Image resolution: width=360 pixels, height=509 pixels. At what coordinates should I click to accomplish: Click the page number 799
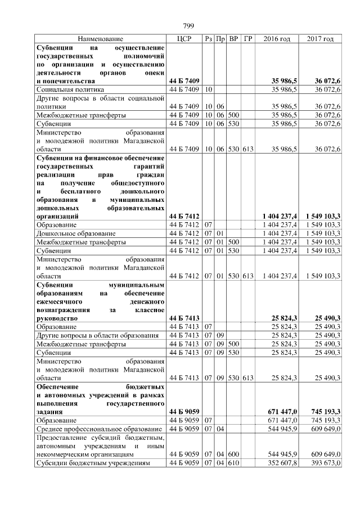(x=188, y=26)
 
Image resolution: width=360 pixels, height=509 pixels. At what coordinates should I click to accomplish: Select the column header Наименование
(x=100, y=39)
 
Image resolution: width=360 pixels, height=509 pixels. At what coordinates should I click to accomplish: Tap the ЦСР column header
(x=184, y=39)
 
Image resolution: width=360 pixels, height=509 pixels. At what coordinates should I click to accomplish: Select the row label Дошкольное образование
(x=76, y=233)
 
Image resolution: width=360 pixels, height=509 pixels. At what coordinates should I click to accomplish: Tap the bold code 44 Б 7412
(x=184, y=216)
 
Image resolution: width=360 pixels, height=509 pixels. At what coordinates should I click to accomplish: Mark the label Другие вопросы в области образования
(x=92, y=335)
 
